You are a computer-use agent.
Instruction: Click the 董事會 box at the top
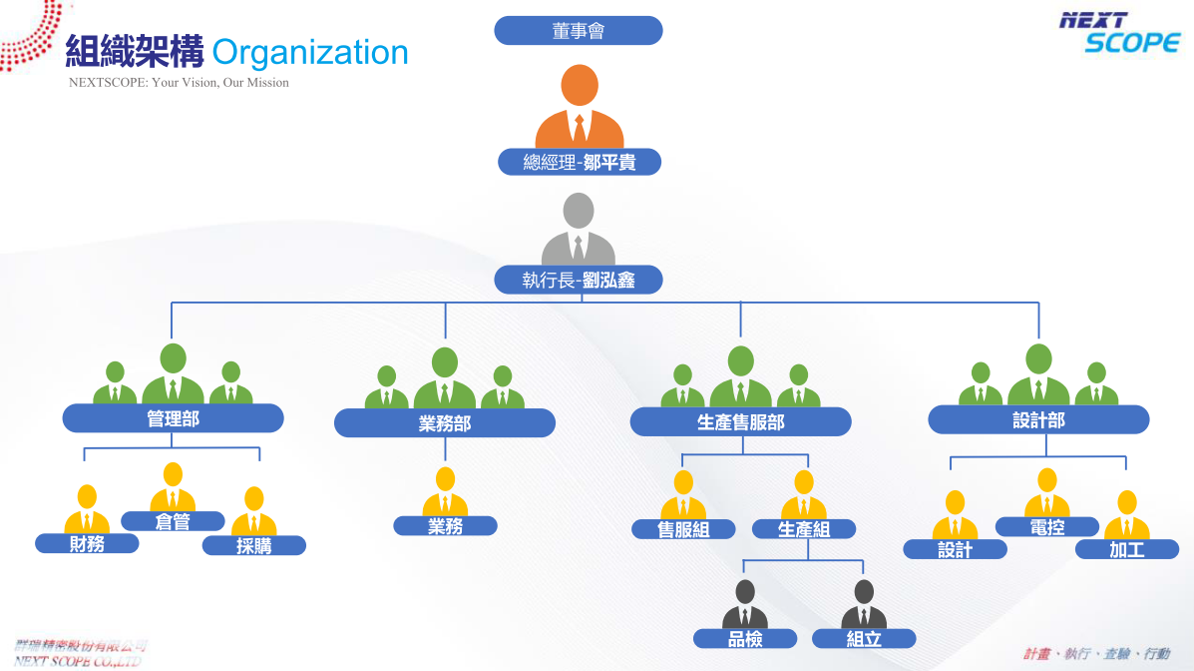click(x=579, y=31)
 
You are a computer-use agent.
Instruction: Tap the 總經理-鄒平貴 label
click(x=580, y=162)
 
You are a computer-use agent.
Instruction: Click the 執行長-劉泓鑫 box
click(x=579, y=281)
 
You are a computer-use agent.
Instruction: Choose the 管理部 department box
click(x=173, y=418)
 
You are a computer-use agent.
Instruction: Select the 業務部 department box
click(x=444, y=423)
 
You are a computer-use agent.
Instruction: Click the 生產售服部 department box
click(x=740, y=422)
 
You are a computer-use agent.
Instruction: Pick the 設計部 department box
click(x=1038, y=420)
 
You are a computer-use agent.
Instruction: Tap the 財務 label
click(x=87, y=544)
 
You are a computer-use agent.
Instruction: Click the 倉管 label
click(x=173, y=521)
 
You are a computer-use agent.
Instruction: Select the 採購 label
click(x=253, y=546)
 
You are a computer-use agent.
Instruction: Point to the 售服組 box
click(x=683, y=530)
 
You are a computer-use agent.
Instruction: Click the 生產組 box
click(x=803, y=530)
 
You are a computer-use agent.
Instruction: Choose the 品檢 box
click(x=745, y=639)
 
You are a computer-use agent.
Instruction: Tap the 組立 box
click(x=864, y=639)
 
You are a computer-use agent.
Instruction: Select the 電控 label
click(x=1046, y=526)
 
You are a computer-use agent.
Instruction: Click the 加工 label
click(x=1127, y=549)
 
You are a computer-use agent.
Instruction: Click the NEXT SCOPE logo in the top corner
click(x=1119, y=32)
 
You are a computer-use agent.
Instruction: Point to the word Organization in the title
click(x=310, y=52)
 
